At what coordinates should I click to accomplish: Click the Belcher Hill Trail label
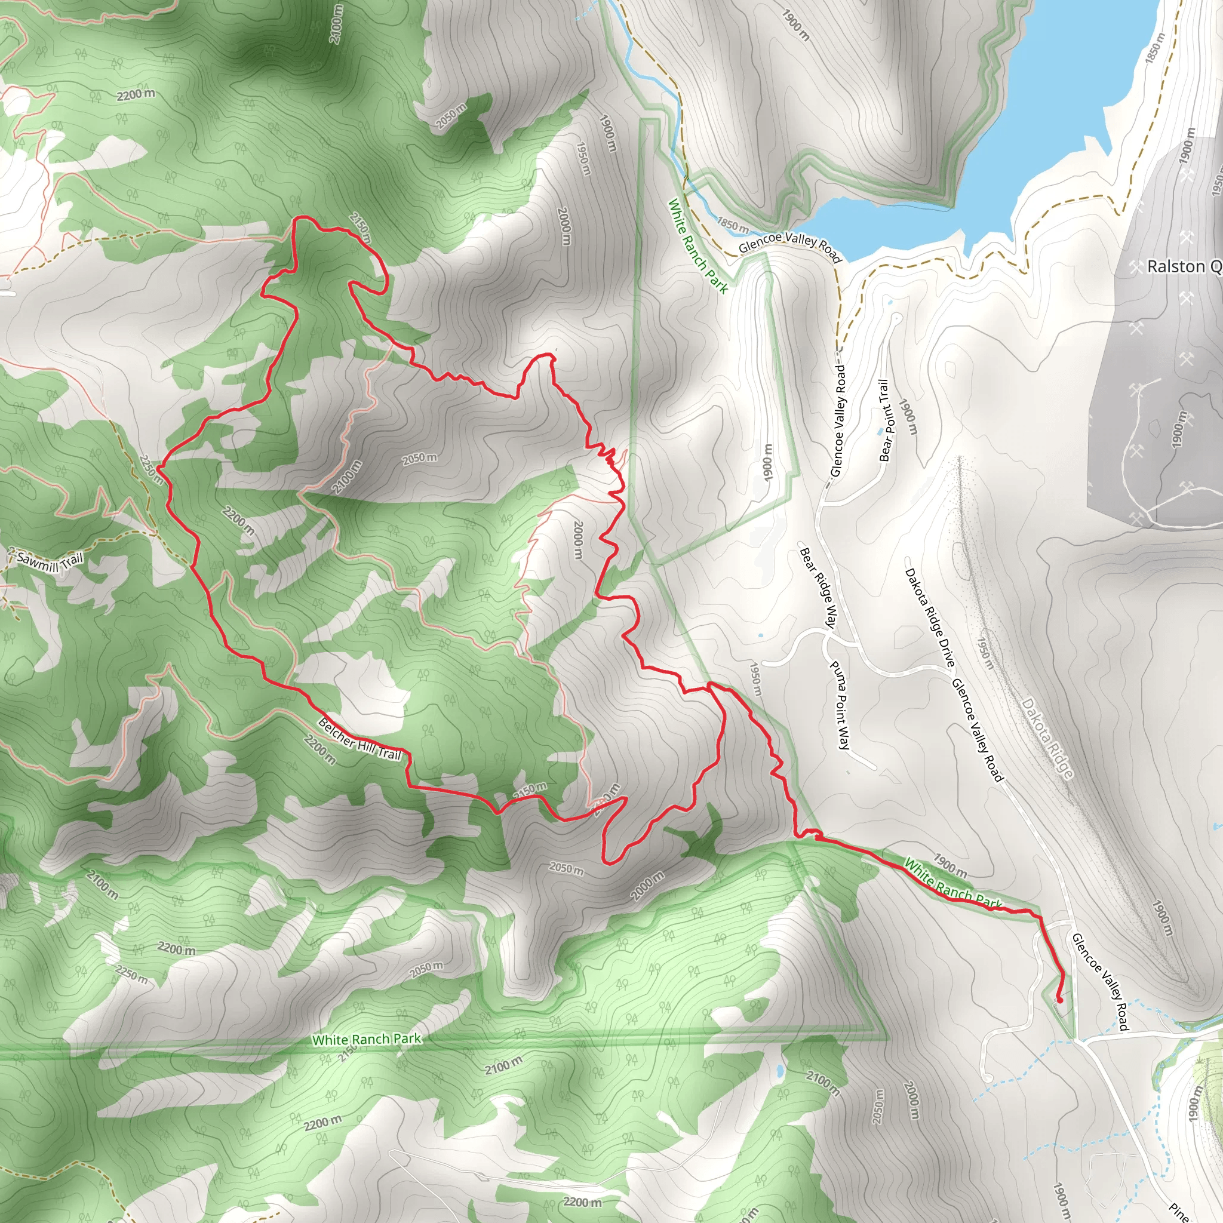[359, 739]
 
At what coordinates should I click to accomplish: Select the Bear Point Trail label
[886, 420]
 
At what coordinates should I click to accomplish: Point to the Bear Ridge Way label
[819, 588]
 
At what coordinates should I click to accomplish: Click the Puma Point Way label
[840, 705]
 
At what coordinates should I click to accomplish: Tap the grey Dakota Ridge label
[1047, 738]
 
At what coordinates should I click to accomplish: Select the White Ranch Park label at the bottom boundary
[367, 1040]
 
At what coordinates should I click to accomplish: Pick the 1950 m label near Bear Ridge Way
[755, 678]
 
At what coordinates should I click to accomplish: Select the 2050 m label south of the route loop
[567, 869]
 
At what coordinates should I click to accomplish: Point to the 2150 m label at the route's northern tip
[360, 228]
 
